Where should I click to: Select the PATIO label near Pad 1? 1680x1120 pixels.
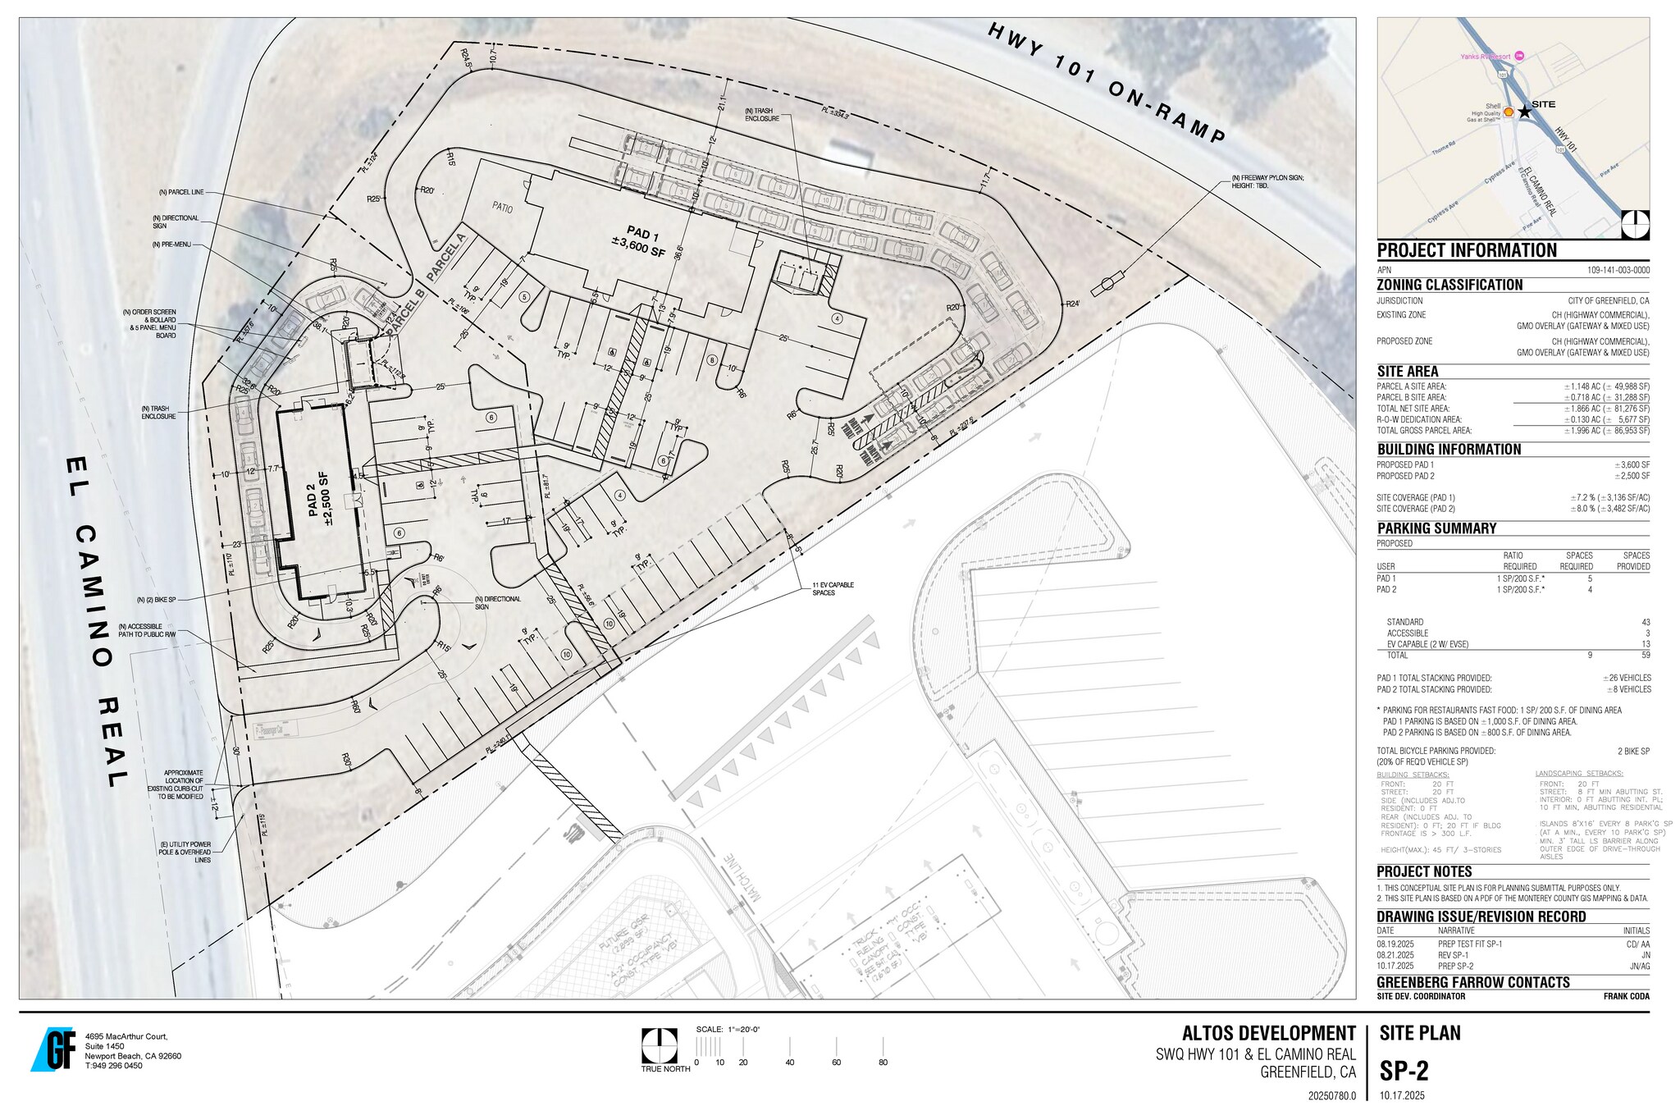tap(502, 208)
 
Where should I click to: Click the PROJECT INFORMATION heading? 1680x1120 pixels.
tap(1467, 251)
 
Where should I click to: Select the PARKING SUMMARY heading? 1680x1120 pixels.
tap(1436, 528)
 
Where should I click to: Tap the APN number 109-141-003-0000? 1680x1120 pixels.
tap(1618, 270)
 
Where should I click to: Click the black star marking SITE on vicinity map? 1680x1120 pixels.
tap(1524, 112)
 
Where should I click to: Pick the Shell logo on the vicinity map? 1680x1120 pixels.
tap(1508, 112)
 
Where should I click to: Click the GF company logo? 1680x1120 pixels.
tap(54, 1049)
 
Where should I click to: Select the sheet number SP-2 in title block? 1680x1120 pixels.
tap(1404, 1071)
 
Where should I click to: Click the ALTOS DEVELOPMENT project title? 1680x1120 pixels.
tap(1268, 1034)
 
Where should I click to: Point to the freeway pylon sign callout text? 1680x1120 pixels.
tap(1267, 182)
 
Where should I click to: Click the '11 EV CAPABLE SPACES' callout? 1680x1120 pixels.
tap(833, 589)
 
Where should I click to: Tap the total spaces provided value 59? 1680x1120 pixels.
tap(1645, 656)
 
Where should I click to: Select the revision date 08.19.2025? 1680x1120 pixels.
tap(1395, 944)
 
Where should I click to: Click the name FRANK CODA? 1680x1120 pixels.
tap(1626, 997)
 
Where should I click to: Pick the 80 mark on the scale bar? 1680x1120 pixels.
tap(883, 1063)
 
